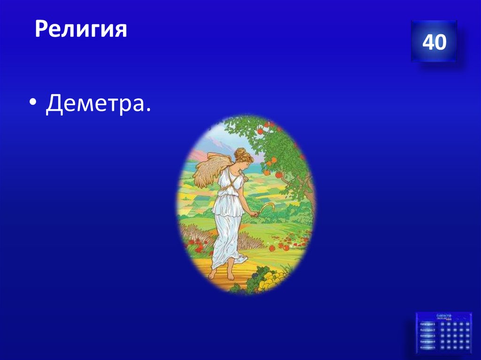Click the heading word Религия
coord(81,29)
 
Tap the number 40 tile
coord(434,42)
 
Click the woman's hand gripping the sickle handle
coord(254,214)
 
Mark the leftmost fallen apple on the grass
coord(272,245)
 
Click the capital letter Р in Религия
coord(41,30)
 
